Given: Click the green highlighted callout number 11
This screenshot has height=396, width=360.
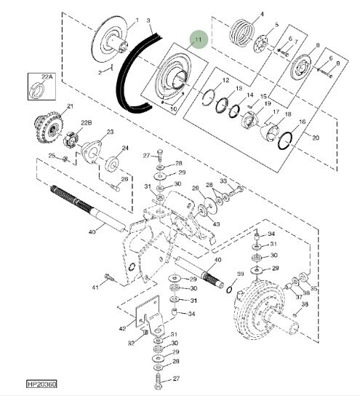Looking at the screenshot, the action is click(199, 39).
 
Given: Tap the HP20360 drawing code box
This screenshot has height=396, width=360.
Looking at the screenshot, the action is click(41, 384).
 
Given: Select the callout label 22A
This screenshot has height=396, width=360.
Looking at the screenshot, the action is click(47, 76).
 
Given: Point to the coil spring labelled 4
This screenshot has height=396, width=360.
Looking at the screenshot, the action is click(241, 33).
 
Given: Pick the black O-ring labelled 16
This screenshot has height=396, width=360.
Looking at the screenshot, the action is click(285, 140).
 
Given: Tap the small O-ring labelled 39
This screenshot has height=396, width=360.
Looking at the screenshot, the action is click(229, 290).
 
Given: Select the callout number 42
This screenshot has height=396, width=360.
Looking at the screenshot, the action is click(122, 328).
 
